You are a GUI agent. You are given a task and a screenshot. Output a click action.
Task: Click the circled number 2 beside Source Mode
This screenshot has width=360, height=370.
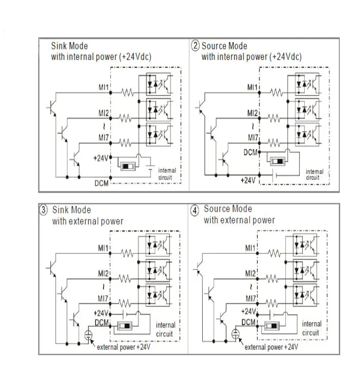(x=195, y=45)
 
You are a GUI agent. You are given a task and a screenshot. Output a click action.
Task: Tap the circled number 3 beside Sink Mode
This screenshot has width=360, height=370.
(x=43, y=210)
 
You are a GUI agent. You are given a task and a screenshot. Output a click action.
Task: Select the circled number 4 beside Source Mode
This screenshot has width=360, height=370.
(x=195, y=210)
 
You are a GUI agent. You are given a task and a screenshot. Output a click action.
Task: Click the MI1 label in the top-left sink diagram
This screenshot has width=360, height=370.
(x=103, y=88)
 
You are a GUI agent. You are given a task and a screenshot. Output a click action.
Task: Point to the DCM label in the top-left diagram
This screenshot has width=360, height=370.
(x=102, y=183)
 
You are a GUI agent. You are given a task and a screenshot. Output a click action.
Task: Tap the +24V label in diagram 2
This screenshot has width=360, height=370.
(x=248, y=180)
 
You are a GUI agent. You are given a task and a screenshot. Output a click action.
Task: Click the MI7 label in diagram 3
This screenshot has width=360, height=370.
(x=103, y=299)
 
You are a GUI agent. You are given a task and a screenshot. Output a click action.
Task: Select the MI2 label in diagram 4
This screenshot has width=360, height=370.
(x=250, y=274)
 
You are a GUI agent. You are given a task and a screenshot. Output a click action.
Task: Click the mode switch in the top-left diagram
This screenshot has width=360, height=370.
(x=128, y=166)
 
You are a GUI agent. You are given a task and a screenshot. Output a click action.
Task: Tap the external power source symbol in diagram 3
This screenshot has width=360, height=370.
(x=88, y=335)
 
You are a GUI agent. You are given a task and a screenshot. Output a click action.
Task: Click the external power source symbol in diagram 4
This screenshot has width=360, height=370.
(x=235, y=334)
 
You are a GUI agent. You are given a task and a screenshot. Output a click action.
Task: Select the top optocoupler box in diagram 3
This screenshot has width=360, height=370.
(x=158, y=245)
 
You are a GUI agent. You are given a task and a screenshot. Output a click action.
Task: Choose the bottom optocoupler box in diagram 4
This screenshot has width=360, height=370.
(x=305, y=295)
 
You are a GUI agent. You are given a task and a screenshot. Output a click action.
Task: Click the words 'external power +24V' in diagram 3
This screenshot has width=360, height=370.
(x=124, y=347)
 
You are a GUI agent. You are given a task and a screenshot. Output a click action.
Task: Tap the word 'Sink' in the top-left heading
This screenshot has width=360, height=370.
(x=58, y=46)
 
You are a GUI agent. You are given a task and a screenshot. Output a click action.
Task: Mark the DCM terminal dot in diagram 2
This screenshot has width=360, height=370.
(x=259, y=152)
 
